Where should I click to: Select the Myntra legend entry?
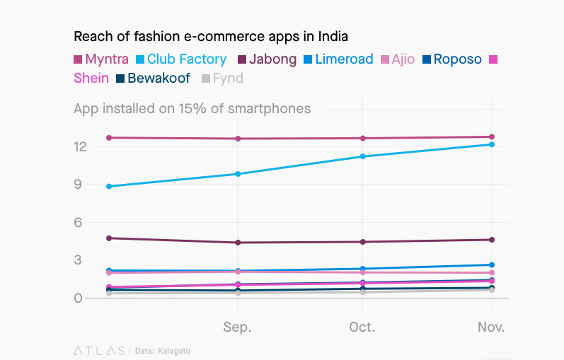tap(101, 59)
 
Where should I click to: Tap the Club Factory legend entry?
tap(180, 59)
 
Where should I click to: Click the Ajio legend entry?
tap(397, 59)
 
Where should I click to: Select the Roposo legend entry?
tap(451, 59)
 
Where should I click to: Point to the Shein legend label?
tap(91, 79)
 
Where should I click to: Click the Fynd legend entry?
tap(222, 79)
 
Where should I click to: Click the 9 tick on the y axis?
tap(81, 185)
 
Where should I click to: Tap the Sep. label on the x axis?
tap(237, 327)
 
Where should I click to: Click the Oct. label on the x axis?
tap(362, 327)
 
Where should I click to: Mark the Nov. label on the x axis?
tap(491, 327)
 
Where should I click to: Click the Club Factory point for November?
tap(492, 144)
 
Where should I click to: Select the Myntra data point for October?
tap(363, 138)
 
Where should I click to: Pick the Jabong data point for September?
tap(238, 243)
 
